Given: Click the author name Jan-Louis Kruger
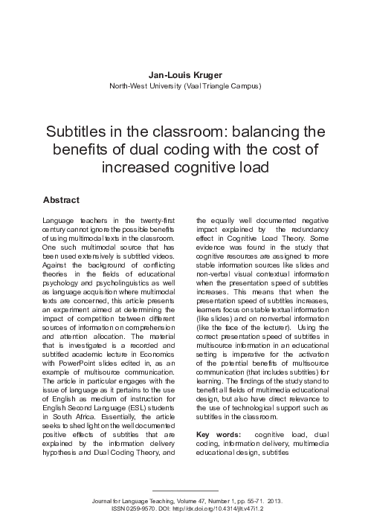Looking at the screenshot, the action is click(x=184, y=74).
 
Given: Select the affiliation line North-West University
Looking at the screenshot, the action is click(x=184, y=86).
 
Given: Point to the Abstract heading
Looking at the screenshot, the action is click(x=62, y=201).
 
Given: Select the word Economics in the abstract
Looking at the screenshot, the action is click(x=156, y=355).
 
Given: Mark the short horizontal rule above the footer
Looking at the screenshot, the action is click(x=184, y=491).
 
